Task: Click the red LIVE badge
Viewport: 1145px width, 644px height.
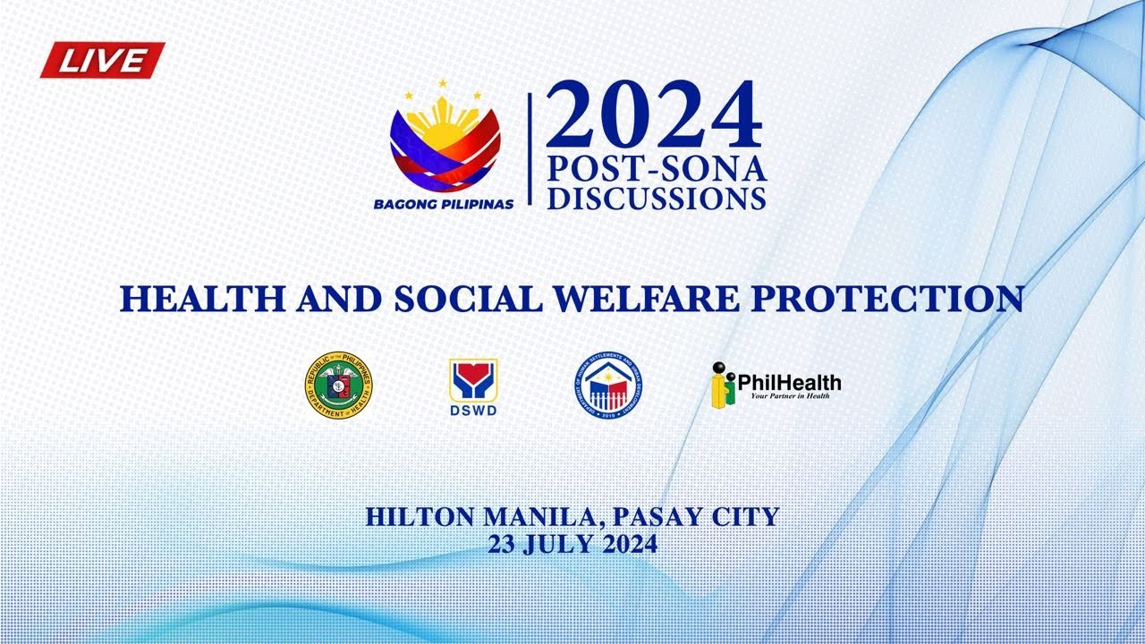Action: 102,60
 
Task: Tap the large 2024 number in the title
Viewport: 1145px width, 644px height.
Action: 653,115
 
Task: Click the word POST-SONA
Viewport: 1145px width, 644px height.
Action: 657,169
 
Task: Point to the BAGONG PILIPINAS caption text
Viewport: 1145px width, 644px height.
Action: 444,204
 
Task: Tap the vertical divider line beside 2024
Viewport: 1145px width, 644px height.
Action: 530,148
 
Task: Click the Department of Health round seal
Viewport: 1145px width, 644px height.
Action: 338,386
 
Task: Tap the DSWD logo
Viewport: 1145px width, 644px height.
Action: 473,386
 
